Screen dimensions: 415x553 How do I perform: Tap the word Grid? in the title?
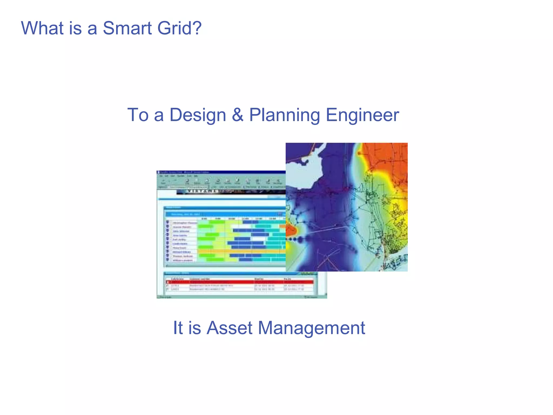point(179,28)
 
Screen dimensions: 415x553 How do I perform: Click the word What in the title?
point(42,28)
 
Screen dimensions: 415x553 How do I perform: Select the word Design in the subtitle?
point(198,115)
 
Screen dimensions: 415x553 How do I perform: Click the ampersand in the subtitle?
point(238,115)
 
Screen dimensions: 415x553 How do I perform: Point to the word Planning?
point(284,115)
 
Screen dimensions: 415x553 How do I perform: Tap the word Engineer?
point(362,115)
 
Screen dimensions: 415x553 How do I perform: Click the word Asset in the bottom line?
point(230,328)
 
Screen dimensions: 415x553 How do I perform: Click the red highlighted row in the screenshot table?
point(239,282)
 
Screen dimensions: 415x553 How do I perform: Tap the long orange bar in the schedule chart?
point(240,252)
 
